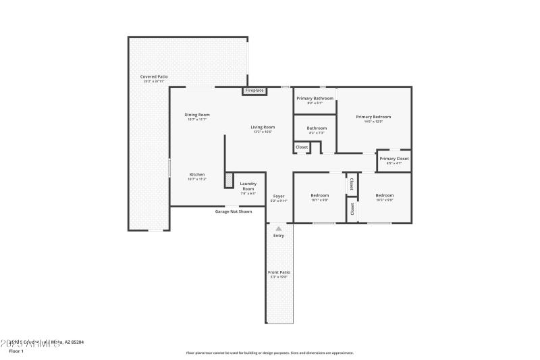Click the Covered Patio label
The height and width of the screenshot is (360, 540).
pyautogui.click(x=154, y=77)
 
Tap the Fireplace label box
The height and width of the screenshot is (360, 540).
pyautogui.click(x=254, y=91)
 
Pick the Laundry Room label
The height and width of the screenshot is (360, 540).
pyautogui.click(x=248, y=186)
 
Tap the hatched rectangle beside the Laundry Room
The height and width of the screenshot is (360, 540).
pyautogui.click(x=229, y=180)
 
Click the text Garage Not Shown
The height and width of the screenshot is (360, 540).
pyautogui.click(x=234, y=211)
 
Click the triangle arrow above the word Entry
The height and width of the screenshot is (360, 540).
pyautogui.click(x=279, y=229)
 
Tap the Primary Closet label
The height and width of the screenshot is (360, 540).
pyautogui.click(x=394, y=159)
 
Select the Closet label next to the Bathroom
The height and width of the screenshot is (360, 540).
pyautogui.click(x=301, y=147)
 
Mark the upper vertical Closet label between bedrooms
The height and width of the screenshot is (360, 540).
pyautogui.click(x=352, y=184)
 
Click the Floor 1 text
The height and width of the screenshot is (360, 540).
pyautogui.click(x=16, y=351)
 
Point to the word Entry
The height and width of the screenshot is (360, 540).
pyautogui.click(x=279, y=236)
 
